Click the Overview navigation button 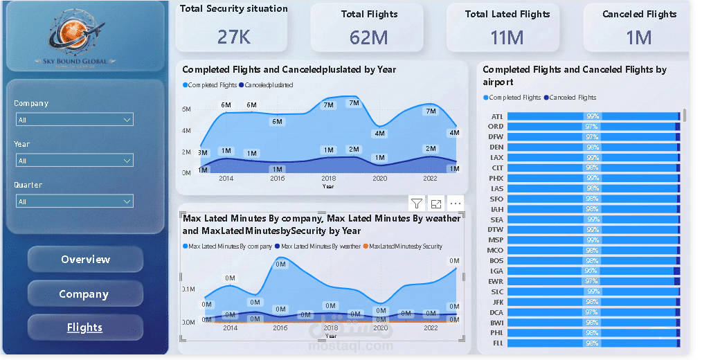tap(85, 260)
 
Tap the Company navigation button tap(85, 294)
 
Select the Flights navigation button tap(85, 327)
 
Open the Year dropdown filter tap(74, 161)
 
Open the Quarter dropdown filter tap(74, 201)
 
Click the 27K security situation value tap(234, 37)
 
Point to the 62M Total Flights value tap(368, 37)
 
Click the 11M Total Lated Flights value tap(507, 37)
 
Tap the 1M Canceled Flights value tap(639, 37)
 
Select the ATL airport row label tap(497, 116)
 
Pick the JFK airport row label tap(497, 302)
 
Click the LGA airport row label tap(497, 271)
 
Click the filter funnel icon tap(417, 204)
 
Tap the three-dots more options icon tap(455, 204)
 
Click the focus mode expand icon tap(436, 204)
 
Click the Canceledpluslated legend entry tap(268, 85)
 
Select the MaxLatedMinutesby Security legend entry tap(404, 246)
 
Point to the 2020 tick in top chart tap(379, 178)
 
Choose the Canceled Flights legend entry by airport tap(571, 98)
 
